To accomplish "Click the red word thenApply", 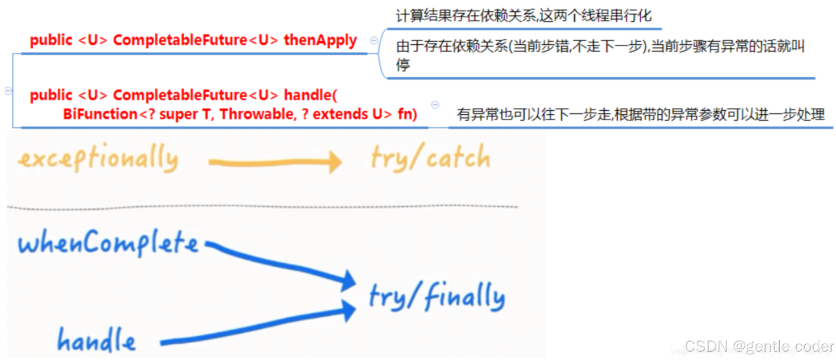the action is coord(320,40).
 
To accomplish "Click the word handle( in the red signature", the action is coord(310,95).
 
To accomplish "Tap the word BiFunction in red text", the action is coord(100,114).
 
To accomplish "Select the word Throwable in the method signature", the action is coord(256,114).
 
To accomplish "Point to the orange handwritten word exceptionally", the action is coord(98,158).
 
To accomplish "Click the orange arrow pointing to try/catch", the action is coord(275,162).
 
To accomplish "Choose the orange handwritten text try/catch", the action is coord(430,157).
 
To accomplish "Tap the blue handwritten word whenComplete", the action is coord(108,242).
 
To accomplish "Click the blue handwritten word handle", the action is coord(96,340).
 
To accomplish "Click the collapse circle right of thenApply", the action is coord(374,40).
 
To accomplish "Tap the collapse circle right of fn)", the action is coord(435,105).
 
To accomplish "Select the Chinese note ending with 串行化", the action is coord(523,16).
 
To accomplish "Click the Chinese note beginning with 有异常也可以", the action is coord(640,115).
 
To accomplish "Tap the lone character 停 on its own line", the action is coord(403,65).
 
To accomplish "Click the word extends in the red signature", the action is coord(340,114).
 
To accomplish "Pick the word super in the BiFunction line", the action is coord(178,114).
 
